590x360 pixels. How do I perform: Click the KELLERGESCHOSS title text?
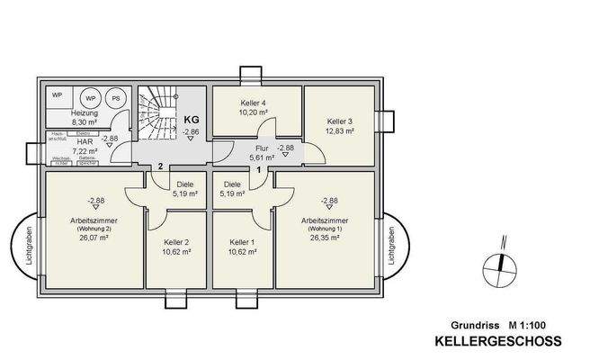497,341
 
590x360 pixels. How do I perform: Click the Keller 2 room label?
176,242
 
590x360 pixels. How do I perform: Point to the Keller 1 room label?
242,242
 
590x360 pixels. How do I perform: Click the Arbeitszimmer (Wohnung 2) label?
94,220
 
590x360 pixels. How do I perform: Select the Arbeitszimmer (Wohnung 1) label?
325,220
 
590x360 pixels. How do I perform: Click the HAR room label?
85,141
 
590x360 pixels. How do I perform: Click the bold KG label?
191,118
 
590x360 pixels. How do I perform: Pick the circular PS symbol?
116,97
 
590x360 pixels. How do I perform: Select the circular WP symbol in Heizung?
91,97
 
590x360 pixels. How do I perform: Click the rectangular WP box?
57,94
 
